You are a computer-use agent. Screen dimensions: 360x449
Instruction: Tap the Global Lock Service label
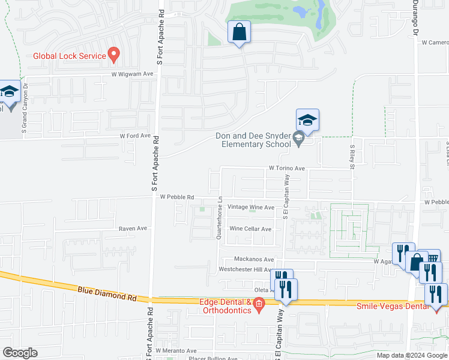(70, 56)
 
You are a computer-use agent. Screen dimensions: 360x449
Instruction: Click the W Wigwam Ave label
(132, 74)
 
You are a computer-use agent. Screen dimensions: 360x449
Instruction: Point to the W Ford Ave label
(135, 136)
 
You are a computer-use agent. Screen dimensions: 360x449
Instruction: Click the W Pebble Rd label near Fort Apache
(176, 197)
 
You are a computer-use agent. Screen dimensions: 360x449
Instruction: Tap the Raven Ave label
(133, 229)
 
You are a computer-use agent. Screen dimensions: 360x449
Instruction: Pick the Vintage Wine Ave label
(252, 207)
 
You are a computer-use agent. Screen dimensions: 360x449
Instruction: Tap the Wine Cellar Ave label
(250, 229)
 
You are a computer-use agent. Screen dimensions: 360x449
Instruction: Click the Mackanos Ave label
(253, 260)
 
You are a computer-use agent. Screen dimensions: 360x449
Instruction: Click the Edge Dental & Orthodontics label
(225, 306)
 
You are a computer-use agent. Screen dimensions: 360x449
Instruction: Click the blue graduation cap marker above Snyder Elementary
(307, 120)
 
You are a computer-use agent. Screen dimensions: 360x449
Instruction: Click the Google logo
(20, 353)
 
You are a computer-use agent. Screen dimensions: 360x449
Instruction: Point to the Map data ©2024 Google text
(412, 355)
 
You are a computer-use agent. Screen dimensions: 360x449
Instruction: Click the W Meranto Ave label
(176, 350)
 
